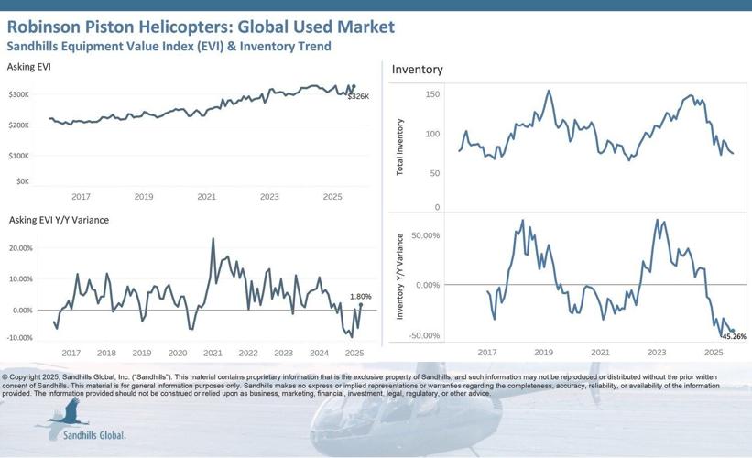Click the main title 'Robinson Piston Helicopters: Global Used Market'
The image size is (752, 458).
(201, 26)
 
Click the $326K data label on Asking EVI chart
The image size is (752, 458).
(358, 96)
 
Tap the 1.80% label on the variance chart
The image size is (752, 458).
(360, 296)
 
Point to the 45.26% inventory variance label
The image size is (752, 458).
(733, 336)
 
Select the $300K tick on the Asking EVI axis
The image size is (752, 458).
(19, 94)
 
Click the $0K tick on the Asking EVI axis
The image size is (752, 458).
(23, 181)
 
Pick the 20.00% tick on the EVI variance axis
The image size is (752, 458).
(20, 248)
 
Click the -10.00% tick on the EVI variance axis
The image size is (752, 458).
(20, 338)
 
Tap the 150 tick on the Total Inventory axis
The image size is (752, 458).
(432, 94)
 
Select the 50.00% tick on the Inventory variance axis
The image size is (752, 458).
(426, 236)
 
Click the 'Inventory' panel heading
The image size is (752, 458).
(417, 70)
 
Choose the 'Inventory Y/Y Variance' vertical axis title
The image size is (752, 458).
(400, 278)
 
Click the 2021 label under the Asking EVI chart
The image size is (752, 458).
(207, 197)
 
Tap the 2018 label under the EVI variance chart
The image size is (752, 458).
(106, 353)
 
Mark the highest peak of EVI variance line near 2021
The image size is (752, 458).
(213, 239)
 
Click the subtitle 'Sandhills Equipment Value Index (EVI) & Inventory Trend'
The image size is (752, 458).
(169, 46)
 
